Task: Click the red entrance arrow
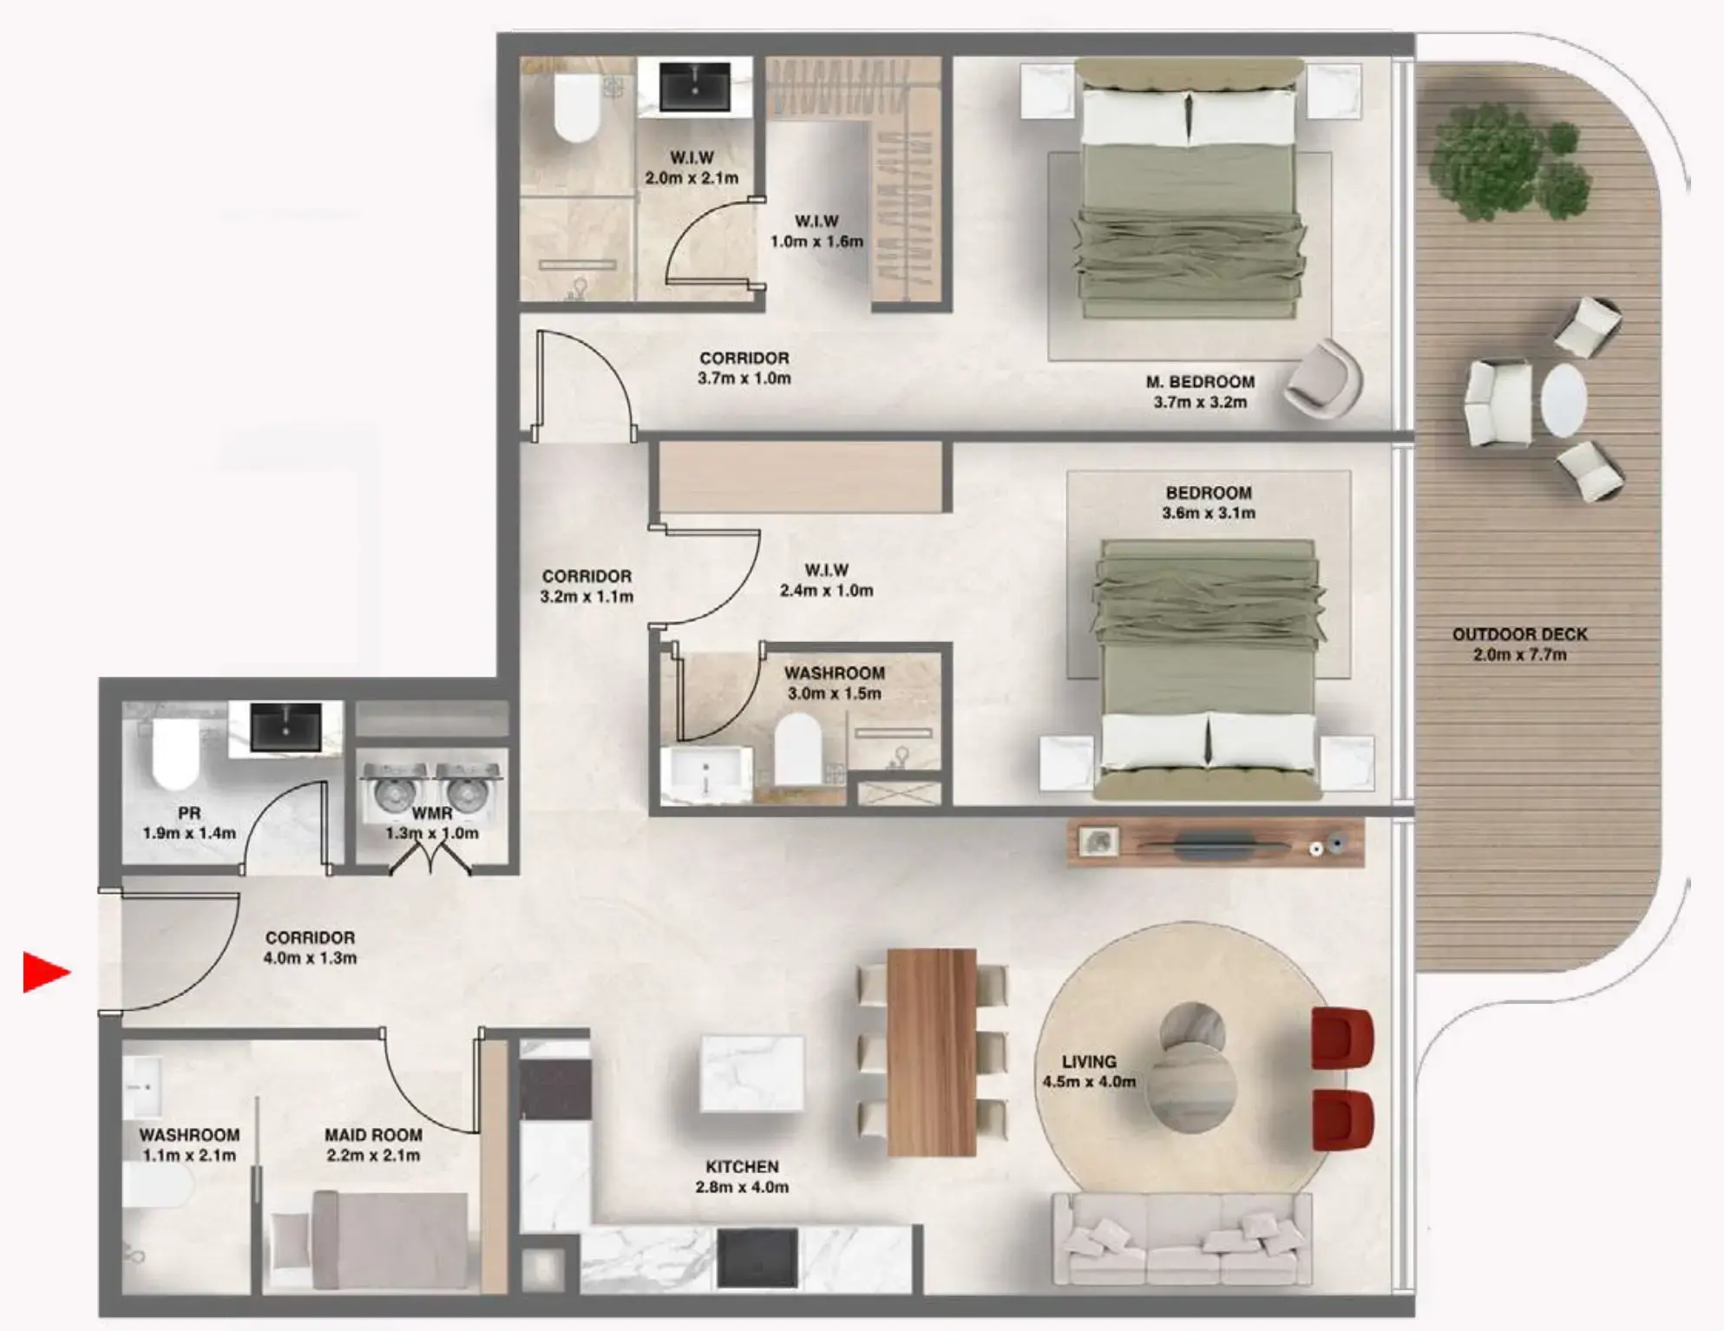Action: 45,972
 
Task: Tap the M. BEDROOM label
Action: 1200,382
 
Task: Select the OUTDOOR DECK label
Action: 1519,634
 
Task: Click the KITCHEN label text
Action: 742,1167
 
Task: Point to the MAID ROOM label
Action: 373,1135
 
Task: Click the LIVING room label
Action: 1089,1061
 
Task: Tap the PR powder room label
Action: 189,814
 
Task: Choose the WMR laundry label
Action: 431,814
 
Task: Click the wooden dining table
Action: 932,1052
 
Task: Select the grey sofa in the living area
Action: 1181,1239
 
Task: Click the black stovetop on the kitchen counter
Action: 757,1258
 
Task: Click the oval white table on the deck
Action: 1563,400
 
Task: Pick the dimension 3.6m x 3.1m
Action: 1209,513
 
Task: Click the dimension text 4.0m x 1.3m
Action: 310,958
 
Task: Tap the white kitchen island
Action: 751,1072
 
